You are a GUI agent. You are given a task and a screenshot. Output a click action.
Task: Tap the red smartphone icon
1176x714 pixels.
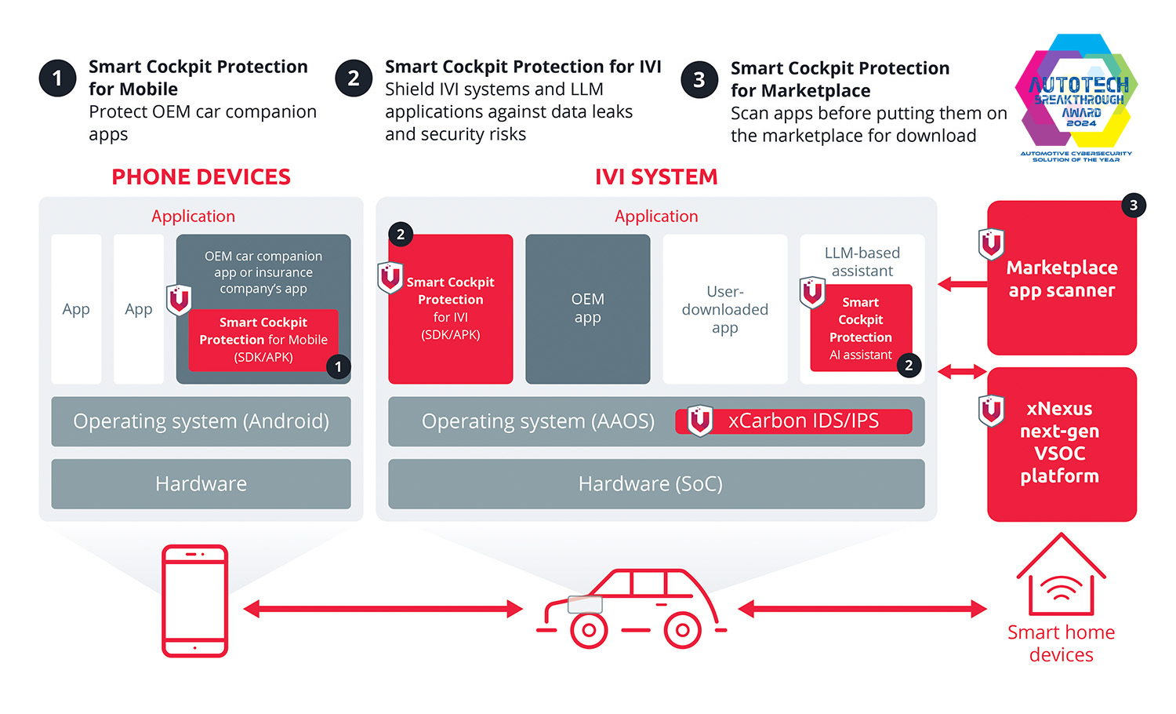[194, 601]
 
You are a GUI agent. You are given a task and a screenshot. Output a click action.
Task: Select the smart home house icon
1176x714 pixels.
[1061, 576]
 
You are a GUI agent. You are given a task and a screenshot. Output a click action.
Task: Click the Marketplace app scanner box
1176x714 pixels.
[1062, 279]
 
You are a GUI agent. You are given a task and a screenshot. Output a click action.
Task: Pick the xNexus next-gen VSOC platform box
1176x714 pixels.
[1062, 443]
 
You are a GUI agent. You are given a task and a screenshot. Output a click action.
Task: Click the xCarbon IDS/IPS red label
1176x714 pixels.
[793, 421]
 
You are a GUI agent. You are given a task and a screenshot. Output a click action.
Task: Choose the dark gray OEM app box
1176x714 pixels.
[587, 308]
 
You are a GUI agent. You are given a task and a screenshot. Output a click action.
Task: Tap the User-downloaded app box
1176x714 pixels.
[724, 308]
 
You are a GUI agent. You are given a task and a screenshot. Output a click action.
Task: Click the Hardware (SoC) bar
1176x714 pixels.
[656, 484]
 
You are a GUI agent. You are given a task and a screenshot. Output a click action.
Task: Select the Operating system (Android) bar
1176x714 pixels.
[201, 421]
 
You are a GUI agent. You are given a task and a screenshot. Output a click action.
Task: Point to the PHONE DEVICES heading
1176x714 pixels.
[201, 177]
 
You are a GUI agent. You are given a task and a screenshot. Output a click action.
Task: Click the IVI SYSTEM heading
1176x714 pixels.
[656, 177]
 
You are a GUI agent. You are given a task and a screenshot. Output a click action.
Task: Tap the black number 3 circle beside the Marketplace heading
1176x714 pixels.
[699, 80]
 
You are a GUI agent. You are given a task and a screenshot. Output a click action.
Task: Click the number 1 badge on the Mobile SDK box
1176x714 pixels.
[338, 366]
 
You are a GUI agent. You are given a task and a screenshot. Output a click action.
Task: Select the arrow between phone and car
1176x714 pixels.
[383, 609]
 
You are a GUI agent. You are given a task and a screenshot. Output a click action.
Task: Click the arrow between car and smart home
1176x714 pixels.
[862, 609]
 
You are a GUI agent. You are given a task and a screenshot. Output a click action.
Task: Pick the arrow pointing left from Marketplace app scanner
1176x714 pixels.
[961, 284]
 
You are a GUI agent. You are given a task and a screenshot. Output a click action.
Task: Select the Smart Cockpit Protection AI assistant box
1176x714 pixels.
[860, 328]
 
